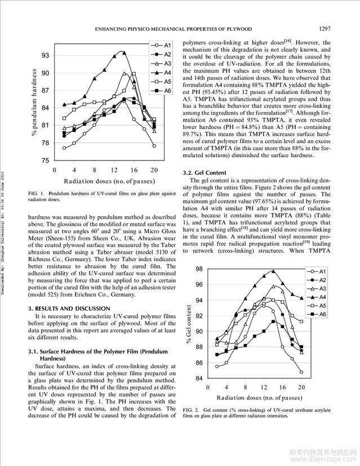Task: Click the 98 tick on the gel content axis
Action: pyautogui.click(x=199, y=270)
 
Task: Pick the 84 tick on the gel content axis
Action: pyautogui.click(x=199, y=379)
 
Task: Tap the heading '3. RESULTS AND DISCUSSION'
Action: pyautogui.click(x=69, y=309)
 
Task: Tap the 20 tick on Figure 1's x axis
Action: pyautogui.click(x=154, y=169)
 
